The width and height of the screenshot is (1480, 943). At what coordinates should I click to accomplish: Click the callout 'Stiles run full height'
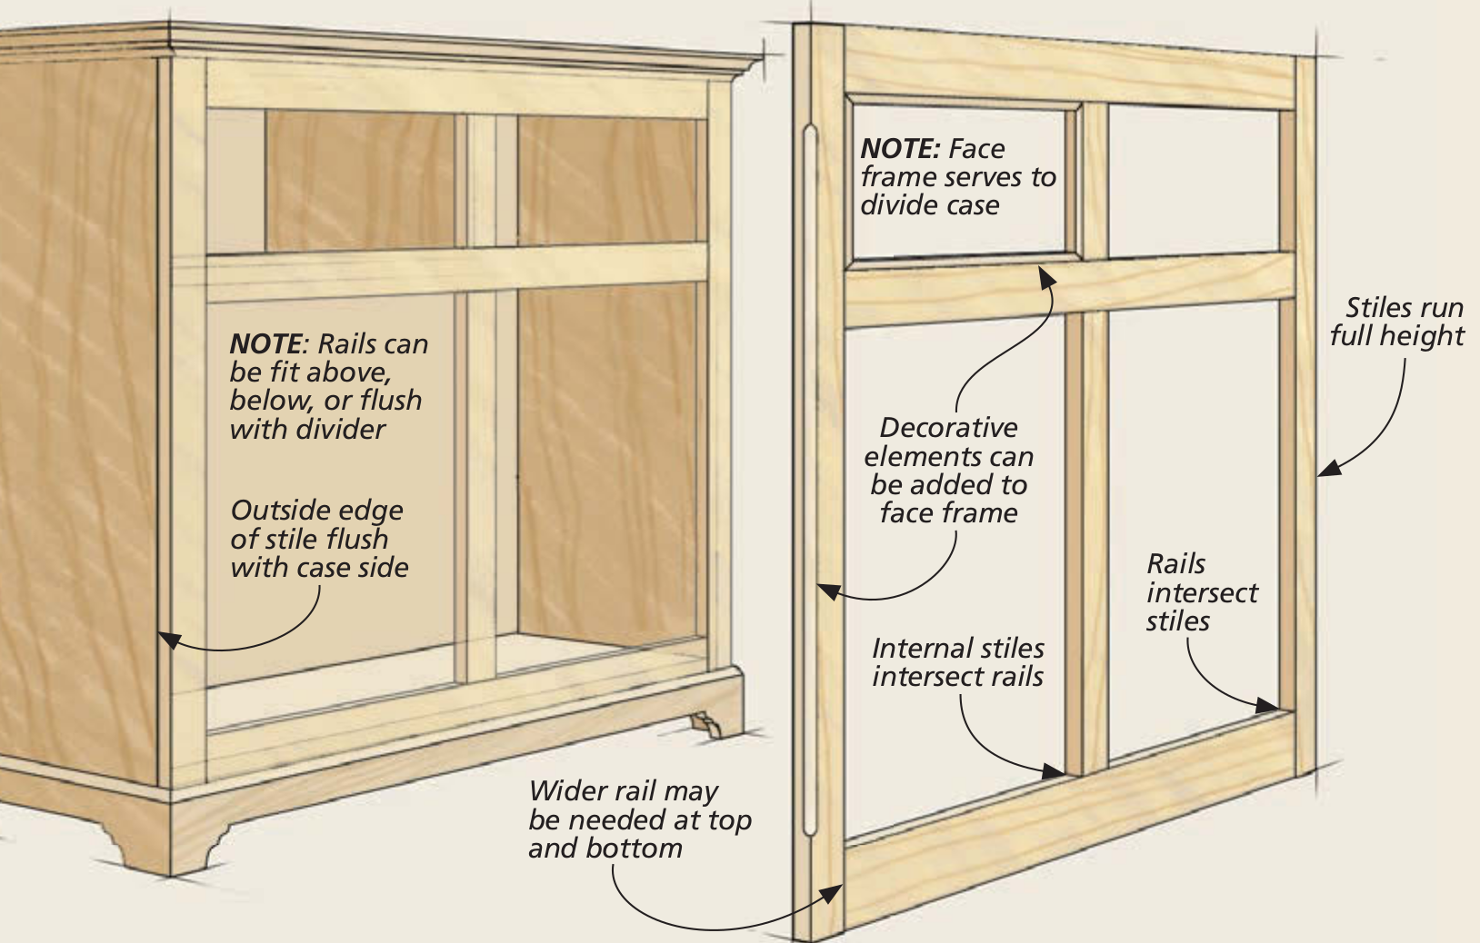coord(1396,322)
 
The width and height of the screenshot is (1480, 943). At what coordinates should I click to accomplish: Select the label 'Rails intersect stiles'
coord(1201,592)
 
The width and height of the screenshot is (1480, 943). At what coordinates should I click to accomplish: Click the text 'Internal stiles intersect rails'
coord(957,662)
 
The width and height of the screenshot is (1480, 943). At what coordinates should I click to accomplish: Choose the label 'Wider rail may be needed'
coord(639,819)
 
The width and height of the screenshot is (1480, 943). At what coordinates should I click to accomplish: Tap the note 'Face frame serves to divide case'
coord(957,177)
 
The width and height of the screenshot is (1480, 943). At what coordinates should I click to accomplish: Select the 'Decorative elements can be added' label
coord(948,470)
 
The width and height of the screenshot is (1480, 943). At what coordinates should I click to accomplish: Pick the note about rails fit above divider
coord(327,386)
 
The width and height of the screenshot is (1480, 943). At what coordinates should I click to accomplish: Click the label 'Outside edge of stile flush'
coord(318,539)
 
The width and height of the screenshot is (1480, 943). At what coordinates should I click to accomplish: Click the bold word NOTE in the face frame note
coord(900,149)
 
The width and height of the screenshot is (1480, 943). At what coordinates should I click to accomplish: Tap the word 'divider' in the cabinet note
coord(346,429)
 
